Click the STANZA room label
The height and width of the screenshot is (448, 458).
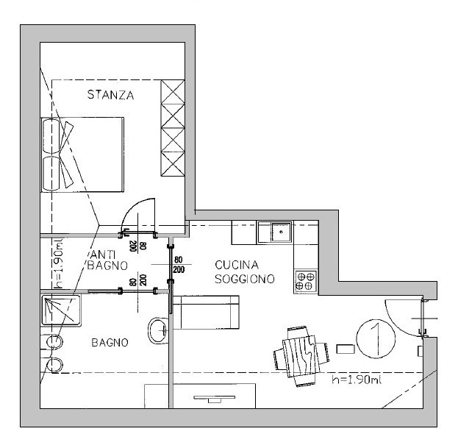(111, 95)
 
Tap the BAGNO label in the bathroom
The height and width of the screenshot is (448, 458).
(110, 343)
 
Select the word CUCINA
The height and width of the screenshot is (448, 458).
(237, 265)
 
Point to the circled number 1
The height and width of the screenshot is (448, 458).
(376, 338)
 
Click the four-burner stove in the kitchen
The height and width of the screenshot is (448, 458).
(305, 281)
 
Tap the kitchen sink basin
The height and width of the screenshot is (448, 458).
(281, 232)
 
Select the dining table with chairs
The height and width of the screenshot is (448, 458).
(301, 356)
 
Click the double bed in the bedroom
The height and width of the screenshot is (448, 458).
(82, 154)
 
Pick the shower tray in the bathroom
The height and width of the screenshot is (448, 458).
(61, 310)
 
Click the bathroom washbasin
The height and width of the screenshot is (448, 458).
(158, 331)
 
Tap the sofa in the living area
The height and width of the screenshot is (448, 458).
(207, 313)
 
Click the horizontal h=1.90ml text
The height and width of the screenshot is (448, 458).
(357, 380)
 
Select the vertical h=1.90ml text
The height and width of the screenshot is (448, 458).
(58, 263)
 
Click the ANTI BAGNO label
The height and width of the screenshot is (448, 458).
(107, 260)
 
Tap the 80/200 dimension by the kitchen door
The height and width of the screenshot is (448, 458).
(179, 265)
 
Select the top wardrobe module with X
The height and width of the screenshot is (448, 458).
(173, 92)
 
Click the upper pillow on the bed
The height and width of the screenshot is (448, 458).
(52, 136)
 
